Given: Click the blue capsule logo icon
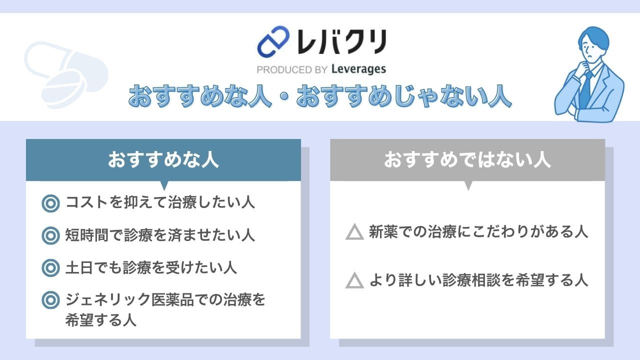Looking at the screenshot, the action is [x=273, y=41].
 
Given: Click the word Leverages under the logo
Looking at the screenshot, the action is [x=358, y=69].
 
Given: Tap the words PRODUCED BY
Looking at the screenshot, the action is [x=292, y=69].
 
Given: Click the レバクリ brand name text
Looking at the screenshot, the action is [x=341, y=42].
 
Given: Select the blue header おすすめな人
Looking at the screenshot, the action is [x=163, y=159].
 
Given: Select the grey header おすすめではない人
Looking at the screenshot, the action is [x=467, y=159].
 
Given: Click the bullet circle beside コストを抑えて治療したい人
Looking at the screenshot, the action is [x=50, y=203].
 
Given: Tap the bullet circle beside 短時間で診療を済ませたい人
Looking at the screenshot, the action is [x=50, y=235].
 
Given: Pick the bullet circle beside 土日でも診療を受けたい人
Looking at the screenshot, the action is [x=50, y=268].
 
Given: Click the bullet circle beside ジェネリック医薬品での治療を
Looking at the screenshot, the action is [x=50, y=300].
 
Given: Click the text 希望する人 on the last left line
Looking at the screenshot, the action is [x=101, y=319].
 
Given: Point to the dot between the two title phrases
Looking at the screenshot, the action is [x=284, y=97].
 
